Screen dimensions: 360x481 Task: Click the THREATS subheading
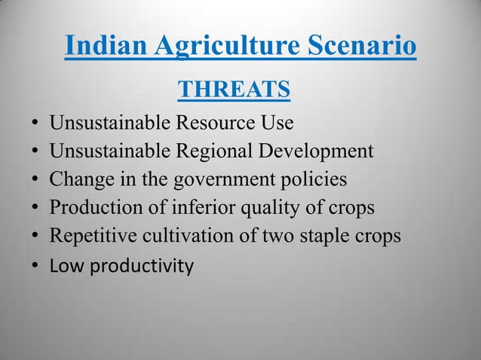tap(234, 90)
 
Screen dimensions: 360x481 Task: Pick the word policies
tap(317, 180)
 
